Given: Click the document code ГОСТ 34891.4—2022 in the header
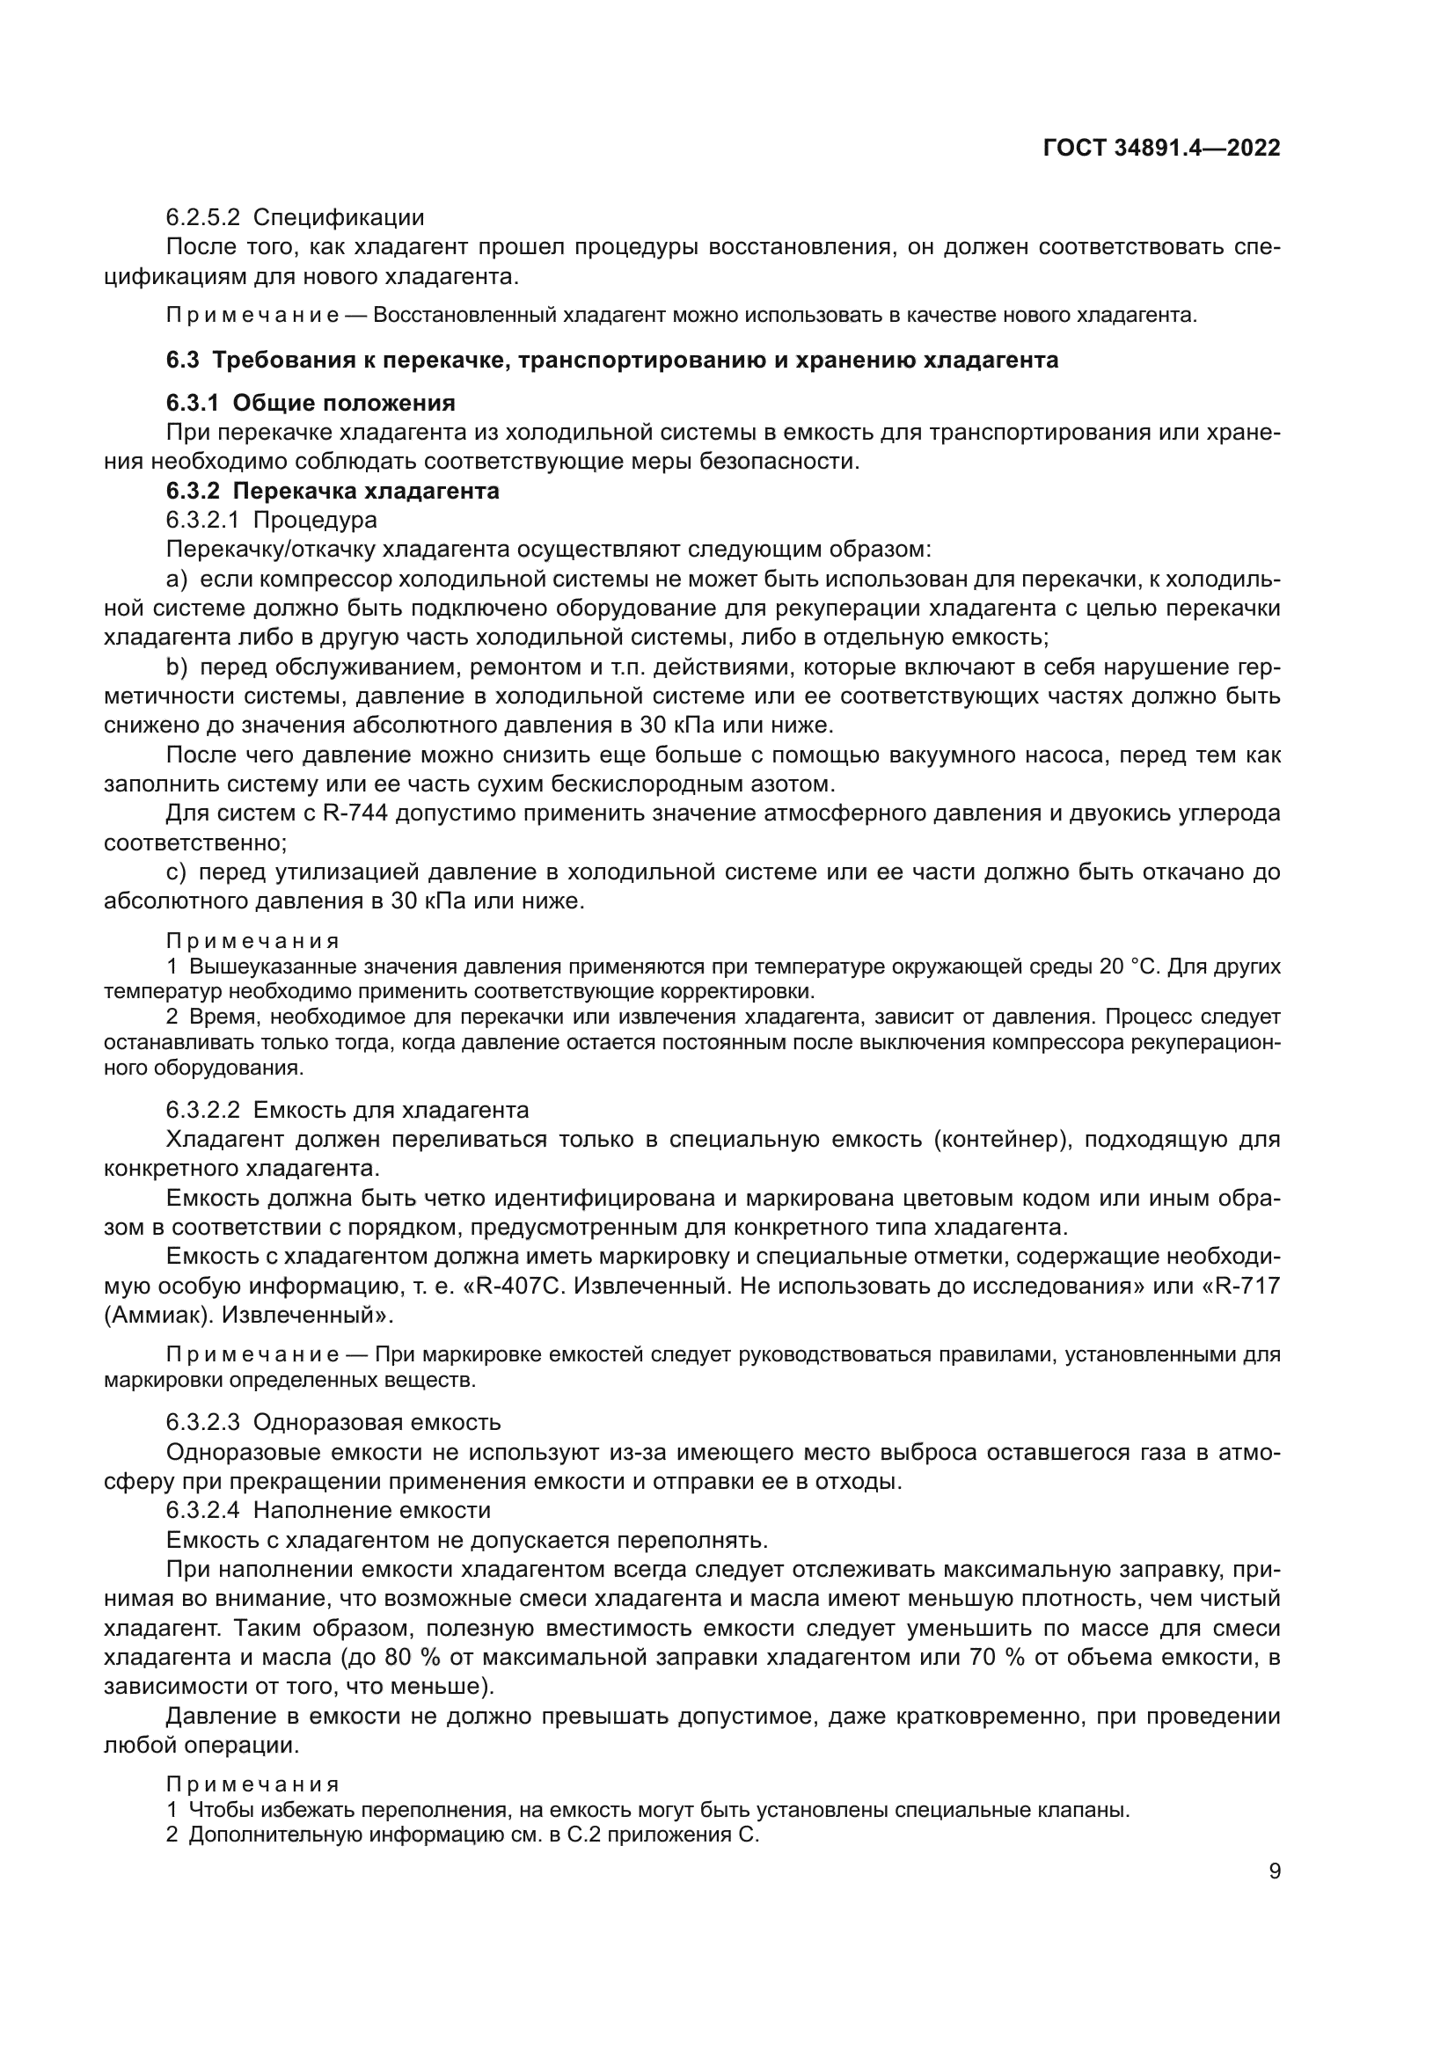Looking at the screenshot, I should (1161, 149).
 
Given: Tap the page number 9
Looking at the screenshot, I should (1274, 1871).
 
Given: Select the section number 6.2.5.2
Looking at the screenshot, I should (202, 218).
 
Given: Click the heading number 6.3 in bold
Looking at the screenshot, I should (183, 361).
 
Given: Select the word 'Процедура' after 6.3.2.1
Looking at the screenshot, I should (316, 520).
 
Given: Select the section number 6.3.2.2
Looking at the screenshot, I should (202, 1111).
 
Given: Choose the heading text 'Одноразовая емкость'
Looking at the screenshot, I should (377, 1423).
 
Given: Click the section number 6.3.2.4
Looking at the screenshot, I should (202, 1511).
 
